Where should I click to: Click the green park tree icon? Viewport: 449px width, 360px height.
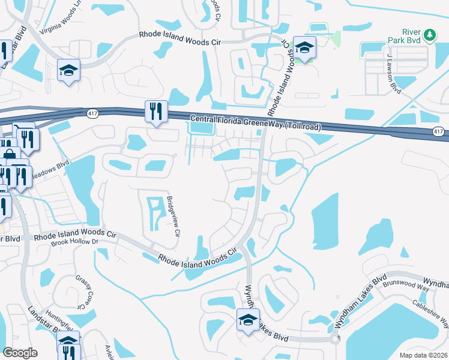pyautogui.click(x=429, y=36)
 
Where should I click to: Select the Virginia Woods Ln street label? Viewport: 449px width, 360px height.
pyautogui.click(x=60, y=24)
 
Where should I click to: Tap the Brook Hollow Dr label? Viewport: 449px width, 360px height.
pyautogui.click(x=74, y=241)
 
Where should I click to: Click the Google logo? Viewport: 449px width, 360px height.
pyautogui.click(x=20, y=353)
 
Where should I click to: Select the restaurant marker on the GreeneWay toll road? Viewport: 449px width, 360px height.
pyautogui.click(x=155, y=111)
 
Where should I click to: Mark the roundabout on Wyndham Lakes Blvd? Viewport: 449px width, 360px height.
pyautogui.click(x=334, y=339)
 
